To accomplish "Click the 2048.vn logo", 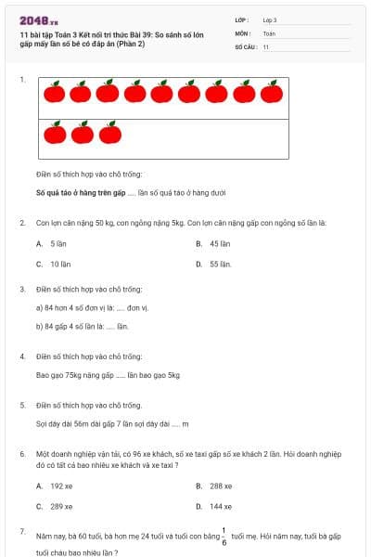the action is coord(39,20).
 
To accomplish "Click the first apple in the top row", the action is coord(54,92).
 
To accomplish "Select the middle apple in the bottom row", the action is coord(83,134).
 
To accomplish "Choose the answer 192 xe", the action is coord(54,486).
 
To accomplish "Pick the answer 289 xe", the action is coord(54,506).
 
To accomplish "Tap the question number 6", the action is coord(22,453).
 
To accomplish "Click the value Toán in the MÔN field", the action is coord(269,32).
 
